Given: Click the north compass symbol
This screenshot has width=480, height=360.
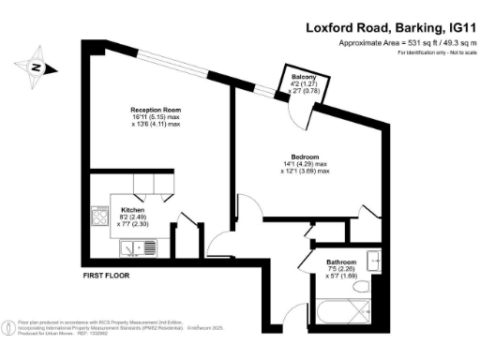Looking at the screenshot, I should tap(35, 67).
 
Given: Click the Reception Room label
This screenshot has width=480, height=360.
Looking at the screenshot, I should tap(155, 110).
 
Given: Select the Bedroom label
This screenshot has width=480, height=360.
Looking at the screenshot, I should tap(305, 157).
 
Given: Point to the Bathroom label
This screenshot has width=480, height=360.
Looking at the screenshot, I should tap(340, 262).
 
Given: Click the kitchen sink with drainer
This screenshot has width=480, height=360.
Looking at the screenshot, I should tap(138, 248).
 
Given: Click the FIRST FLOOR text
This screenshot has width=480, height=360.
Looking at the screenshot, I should tap(104, 277).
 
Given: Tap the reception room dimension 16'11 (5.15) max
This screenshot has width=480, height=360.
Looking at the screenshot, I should tap(155, 118).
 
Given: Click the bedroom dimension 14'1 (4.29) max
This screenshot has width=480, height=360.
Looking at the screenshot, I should tap(305, 164).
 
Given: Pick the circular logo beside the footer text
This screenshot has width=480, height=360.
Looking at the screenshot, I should tap(9, 328).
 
